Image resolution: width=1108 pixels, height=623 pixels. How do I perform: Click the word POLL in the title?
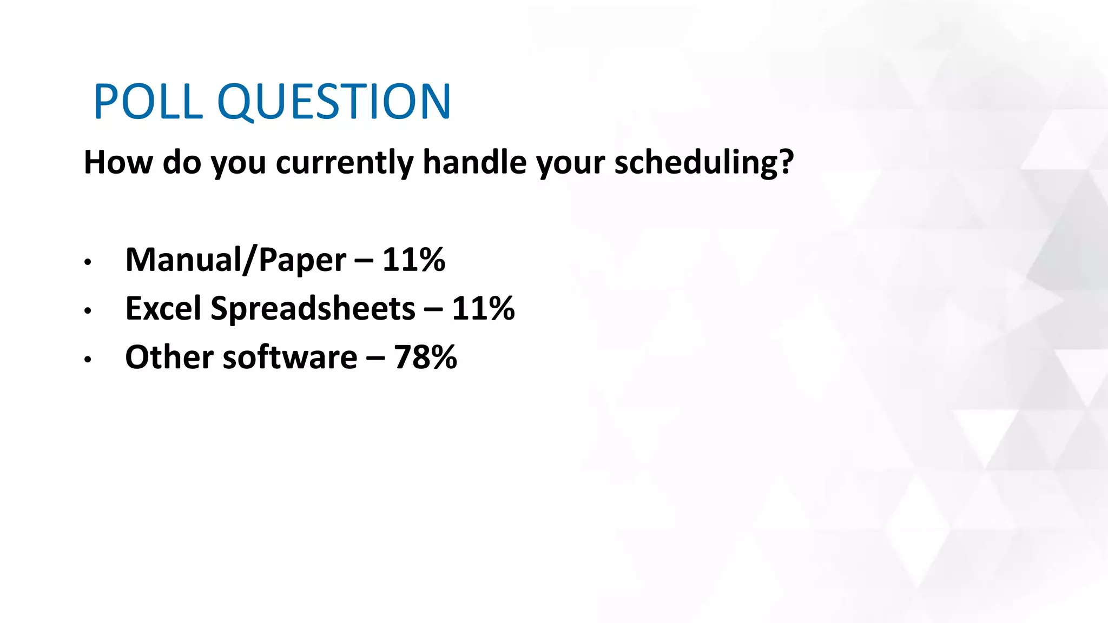point(148,102)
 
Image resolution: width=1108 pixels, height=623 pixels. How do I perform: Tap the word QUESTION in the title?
point(334,103)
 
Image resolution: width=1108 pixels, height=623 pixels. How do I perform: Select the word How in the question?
point(118,162)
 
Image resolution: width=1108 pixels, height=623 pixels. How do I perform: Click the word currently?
point(344,163)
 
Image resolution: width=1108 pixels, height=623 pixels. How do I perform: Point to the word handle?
point(474,162)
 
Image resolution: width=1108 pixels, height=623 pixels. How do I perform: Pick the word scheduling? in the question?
point(704,163)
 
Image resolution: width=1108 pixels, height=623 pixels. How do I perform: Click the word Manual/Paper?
point(235,260)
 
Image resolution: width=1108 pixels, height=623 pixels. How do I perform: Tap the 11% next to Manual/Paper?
point(414,260)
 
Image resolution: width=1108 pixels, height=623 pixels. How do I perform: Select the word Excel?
point(163,308)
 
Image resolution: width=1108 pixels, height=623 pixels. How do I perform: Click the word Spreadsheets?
point(313,309)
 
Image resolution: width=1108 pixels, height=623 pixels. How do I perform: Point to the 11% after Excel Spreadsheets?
point(483,308)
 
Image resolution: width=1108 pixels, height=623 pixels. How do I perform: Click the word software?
point(290,357)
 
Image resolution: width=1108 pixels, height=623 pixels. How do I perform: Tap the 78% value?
point(425,357)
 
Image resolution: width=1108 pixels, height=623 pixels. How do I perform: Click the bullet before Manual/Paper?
point(88,263)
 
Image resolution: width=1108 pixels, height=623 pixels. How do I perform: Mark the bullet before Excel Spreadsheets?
point(88,311)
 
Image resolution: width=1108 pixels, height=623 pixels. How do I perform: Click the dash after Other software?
point(375,358)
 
